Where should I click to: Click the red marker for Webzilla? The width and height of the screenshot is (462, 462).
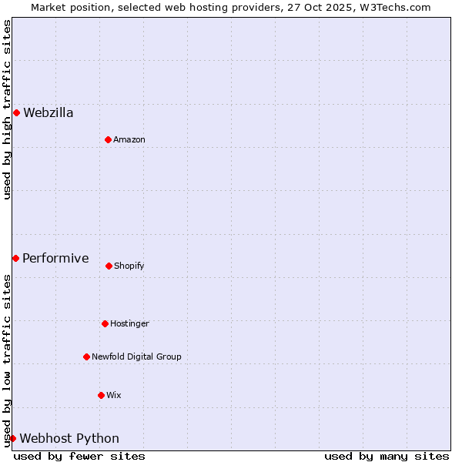[16, 113]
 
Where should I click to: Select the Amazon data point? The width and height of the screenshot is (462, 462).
[108, 139]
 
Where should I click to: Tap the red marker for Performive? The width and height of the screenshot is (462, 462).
[15, 258]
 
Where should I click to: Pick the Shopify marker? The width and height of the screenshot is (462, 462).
[109, 266]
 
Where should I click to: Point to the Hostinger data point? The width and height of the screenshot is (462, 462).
[105, 323]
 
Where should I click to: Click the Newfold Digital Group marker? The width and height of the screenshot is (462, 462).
[86, 357]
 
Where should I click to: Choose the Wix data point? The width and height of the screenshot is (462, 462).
[101, 395]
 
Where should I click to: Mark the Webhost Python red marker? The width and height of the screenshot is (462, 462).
[12, 438]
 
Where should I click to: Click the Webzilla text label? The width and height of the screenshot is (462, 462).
[49, 113]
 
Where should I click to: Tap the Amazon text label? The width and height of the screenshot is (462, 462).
[129, 139]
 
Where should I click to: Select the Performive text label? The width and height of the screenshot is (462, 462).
[55, 258]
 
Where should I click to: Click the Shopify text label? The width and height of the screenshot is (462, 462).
[129, 266]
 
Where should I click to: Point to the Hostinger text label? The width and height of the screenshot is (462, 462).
[129, 323]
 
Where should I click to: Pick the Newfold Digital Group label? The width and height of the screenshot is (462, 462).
[136, 357]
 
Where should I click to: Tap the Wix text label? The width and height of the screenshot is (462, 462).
[114, 395]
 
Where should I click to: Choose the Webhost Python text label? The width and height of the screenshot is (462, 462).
[69, 438]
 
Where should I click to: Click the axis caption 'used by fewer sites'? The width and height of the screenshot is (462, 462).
[79, 456]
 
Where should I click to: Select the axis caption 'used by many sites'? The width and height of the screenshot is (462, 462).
[387, 456]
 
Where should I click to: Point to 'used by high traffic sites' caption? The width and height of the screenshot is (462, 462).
[7, 109]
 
